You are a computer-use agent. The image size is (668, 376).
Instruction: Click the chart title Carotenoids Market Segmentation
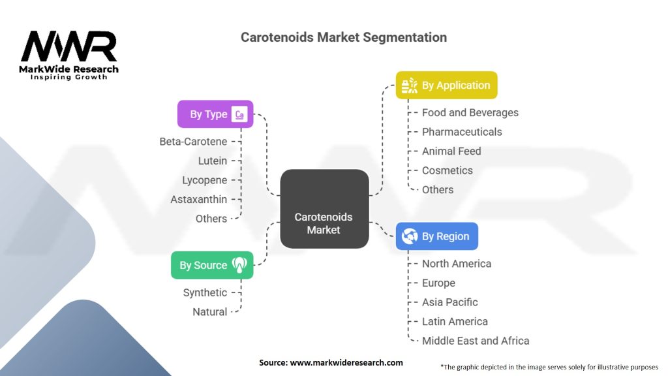tap(344, 37)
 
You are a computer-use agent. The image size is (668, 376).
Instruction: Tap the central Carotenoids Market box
tap(324, 209)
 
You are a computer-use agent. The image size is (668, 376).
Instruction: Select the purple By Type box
tap(215, 114)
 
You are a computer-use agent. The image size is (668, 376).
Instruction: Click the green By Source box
tap(212, 265)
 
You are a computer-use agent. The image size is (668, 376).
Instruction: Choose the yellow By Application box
tap(447, 86)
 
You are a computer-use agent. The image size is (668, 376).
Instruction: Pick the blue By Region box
tap(437, 236)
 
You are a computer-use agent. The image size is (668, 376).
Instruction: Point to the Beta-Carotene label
tap(193, 142)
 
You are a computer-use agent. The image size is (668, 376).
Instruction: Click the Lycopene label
tap(205, 180)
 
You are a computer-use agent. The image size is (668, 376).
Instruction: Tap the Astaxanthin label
tap(199, 199)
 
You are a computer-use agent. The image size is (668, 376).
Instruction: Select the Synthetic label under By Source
tap(205, 292)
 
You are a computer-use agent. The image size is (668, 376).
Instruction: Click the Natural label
tap(210, 312)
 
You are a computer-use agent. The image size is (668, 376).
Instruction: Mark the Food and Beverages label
tap(470, 112)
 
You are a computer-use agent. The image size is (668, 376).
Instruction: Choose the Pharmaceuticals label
tap(462, 132)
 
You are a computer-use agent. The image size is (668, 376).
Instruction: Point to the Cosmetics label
tap(448, 170)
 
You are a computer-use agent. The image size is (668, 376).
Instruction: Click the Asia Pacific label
tap(450, 302)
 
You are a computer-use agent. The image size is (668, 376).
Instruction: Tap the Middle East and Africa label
tap(476, 341)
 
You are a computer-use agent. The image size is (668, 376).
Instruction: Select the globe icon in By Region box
tap(410, 236)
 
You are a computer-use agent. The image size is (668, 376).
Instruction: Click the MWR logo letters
tap(69, 47)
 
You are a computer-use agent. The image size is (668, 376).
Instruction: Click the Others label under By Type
tap(211, 219)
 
